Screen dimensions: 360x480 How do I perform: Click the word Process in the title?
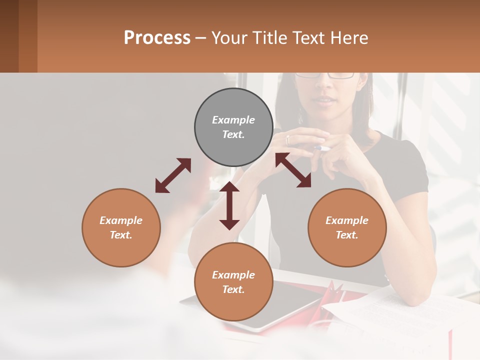pos(157,38)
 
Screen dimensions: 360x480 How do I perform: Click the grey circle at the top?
pos(233,127)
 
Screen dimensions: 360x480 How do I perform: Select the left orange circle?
pos(121,227)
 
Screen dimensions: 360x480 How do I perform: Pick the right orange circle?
pos(347,227)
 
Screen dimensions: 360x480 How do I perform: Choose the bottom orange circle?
pos(233,281)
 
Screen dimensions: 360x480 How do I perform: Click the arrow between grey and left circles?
pos(173,175)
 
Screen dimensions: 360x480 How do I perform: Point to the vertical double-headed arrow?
pos(229,205)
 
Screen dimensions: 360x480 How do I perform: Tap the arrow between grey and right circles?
pos(293,170)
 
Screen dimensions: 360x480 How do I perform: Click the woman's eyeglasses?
pos(325,75)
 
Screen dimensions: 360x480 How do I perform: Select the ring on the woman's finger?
pos(287,140)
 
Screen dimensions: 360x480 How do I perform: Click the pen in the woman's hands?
pos(322,148)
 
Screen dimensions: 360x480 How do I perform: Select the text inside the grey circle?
pos(233,127)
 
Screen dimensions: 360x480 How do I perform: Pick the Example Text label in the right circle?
pos(347,227)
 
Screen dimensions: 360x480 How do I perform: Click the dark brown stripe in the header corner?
pos(9,36)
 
